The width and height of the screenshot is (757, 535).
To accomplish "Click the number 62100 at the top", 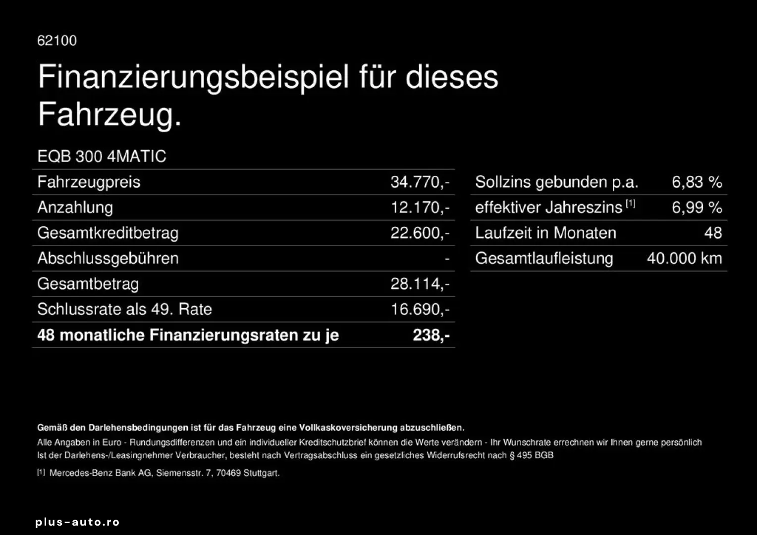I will coord(57,41).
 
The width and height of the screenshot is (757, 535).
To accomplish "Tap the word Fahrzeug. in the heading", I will coord(109,114).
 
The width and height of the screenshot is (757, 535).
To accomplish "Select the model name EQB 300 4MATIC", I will coord(102,157).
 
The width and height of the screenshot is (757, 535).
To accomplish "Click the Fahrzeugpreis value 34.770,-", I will coord(420,182).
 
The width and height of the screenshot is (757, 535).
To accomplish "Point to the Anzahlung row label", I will coord(75,208).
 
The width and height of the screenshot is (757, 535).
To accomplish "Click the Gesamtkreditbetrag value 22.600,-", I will coord(420,233).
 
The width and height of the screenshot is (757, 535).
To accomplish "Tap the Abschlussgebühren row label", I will coord(108,259).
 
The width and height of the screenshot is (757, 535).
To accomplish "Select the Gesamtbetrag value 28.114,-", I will coord(420,284).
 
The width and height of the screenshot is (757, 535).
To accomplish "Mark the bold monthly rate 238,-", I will coord(431,335).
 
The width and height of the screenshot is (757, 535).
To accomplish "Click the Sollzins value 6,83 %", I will coord(697,182).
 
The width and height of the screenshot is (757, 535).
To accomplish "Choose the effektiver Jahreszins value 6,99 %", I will coord(697,208).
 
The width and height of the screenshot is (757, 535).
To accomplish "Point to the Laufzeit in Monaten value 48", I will coord(713,233).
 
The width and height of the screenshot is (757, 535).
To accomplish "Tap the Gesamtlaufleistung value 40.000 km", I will coord(684,259).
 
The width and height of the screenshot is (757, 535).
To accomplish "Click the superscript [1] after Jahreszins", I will coord(630,204).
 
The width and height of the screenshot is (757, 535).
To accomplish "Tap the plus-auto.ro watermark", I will coord(77,522).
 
